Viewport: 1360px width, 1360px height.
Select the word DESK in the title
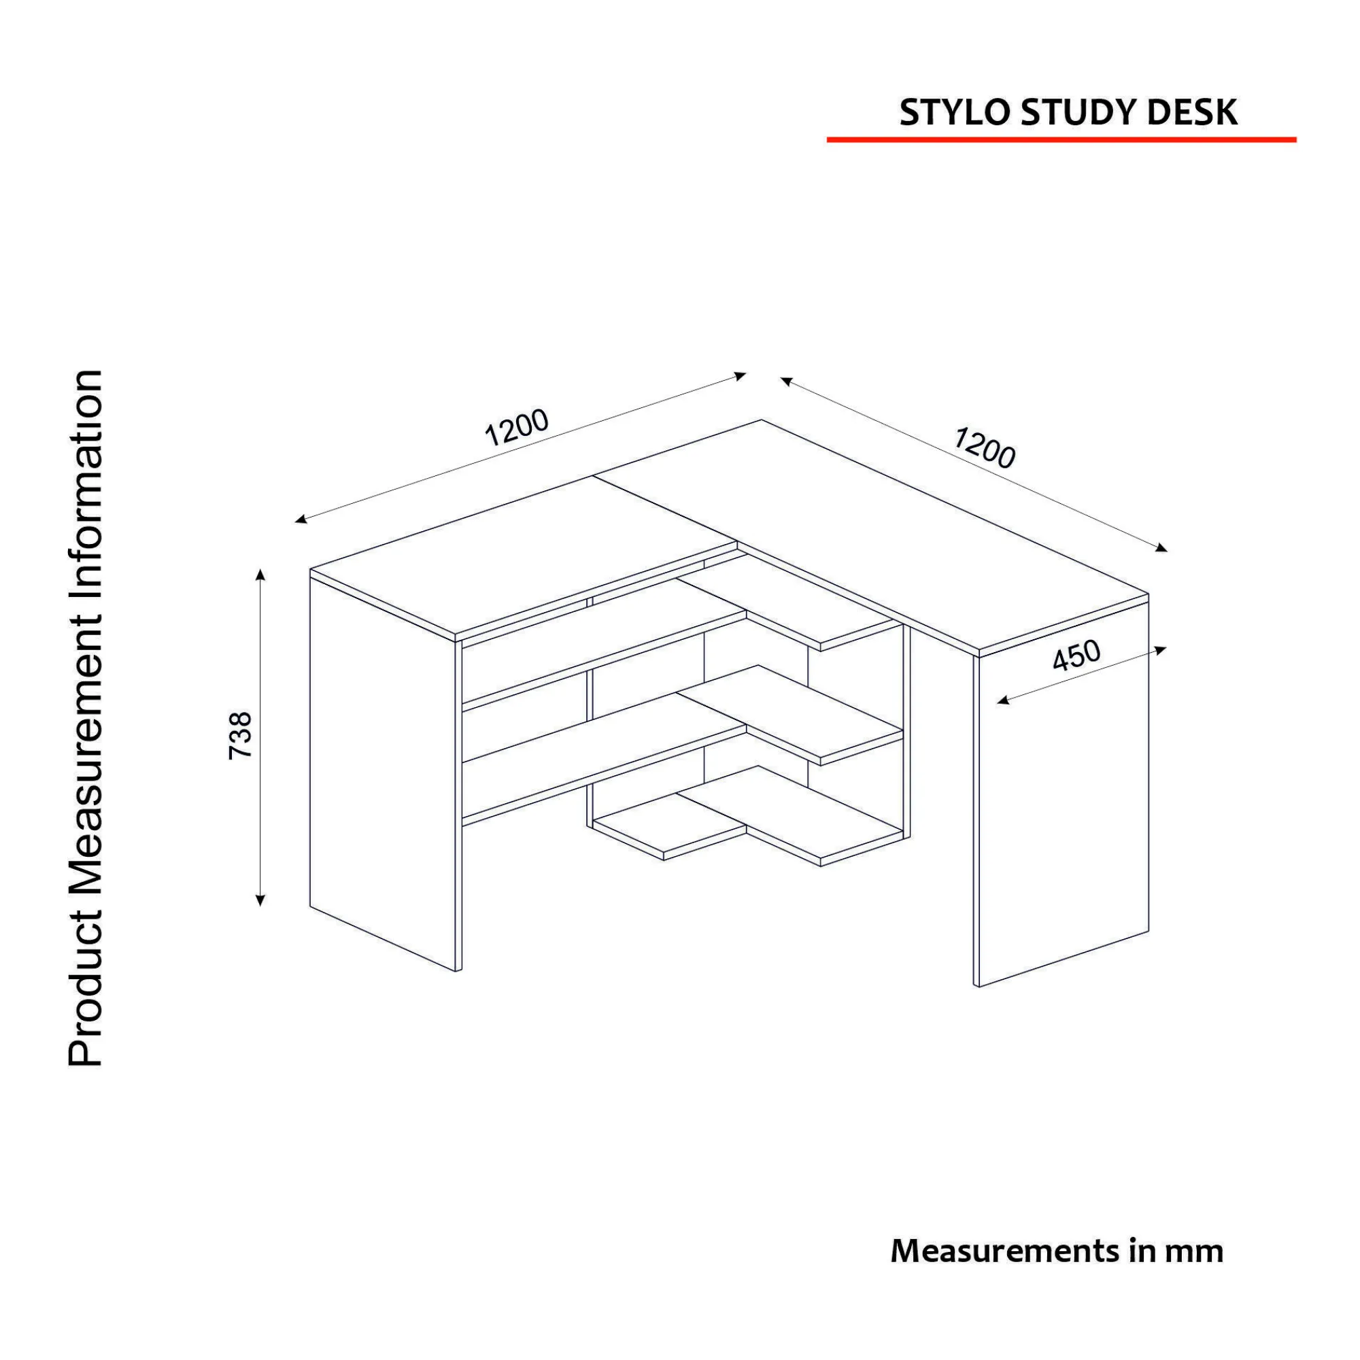[1192, 113]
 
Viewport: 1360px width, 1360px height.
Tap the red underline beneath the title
[1061, 139]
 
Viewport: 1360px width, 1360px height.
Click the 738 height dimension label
[241, 736]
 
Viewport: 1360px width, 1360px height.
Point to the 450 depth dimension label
[1076, 656]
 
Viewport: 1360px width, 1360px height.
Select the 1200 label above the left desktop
[517, 426]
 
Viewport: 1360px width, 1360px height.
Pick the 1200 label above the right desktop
[985, 447]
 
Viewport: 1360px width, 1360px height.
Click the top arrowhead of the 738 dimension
[260, 575]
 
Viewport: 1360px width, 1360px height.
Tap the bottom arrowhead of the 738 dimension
[260, 899]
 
